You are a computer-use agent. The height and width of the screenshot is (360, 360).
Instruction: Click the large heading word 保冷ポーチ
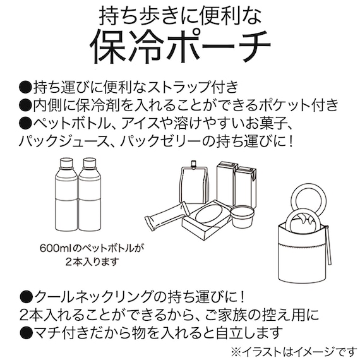(180, 48)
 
